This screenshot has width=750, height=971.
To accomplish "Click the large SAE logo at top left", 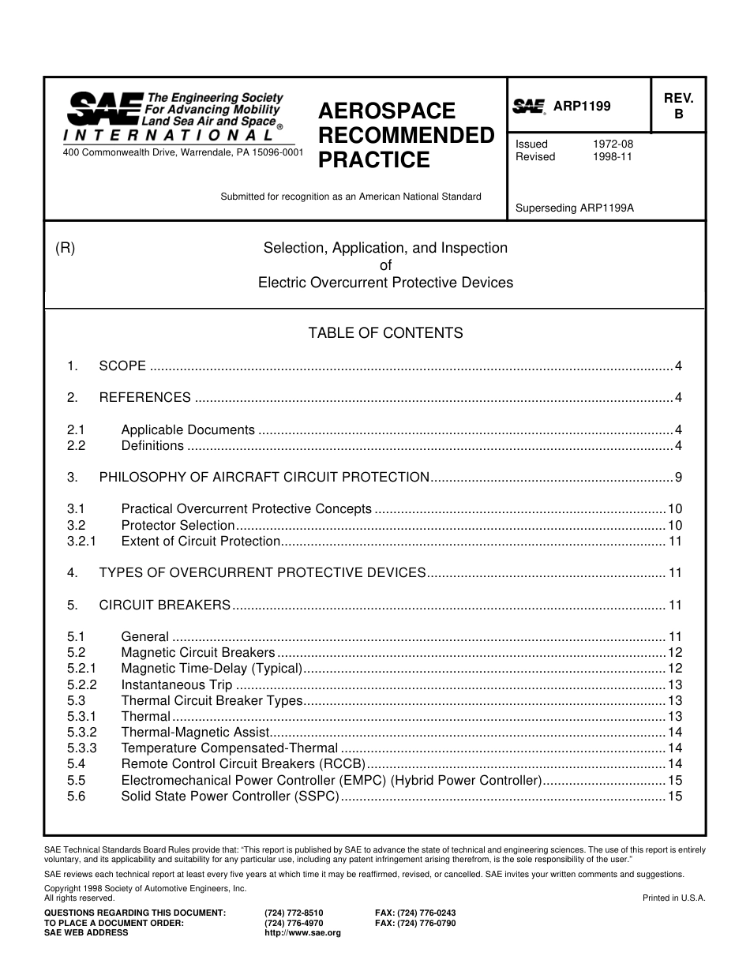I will [103, 109].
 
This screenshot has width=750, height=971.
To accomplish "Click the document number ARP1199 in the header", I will [582, 107].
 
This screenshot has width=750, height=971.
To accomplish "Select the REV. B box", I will [677, 106].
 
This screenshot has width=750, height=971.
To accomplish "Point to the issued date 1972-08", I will [613, 144].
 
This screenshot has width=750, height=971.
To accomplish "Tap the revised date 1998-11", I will [613, 157].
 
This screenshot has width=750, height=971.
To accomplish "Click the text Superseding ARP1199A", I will [575, 209].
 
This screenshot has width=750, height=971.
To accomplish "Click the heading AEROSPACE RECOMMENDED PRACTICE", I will [406, 136].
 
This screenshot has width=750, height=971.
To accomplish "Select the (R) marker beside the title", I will [65, 248].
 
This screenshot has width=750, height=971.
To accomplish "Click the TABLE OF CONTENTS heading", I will [385, 333].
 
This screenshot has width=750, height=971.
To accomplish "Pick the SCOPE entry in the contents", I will [122, 366].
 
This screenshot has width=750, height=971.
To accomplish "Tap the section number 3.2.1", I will [81, 542].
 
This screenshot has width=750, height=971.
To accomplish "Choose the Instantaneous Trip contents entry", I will [177, 685].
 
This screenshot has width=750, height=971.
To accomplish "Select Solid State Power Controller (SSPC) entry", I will [230, 797].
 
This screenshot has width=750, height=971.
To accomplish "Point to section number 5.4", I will [76, 764].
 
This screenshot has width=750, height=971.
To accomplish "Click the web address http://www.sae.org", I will [302, 932].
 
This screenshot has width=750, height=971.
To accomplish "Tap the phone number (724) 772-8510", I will [294, 913].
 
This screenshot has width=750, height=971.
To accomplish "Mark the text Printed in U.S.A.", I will [673, 898].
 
